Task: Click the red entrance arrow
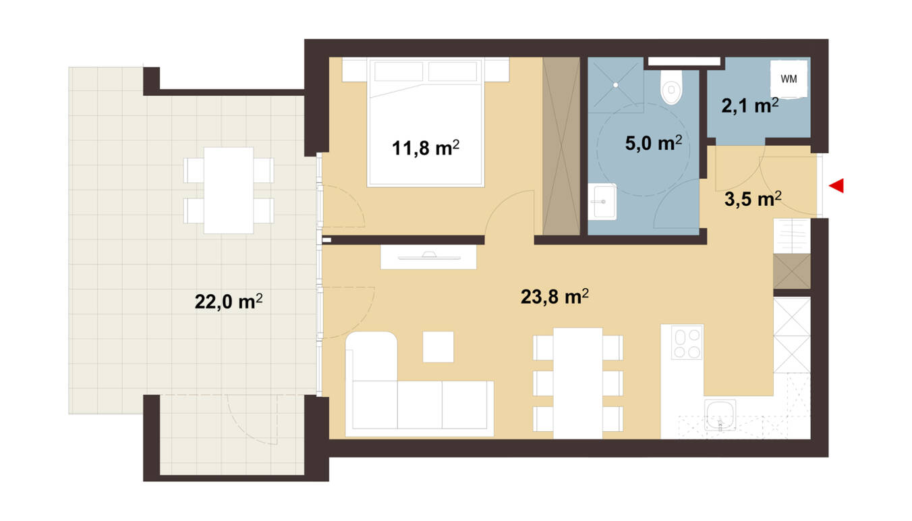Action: (x=837, y=186)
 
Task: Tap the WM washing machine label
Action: (x=789, y=79)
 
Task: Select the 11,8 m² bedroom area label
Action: (x=426, y=148)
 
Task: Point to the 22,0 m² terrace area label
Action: (x=229, y=302)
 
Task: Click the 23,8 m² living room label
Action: (x=554, y=296)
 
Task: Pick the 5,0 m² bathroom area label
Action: (x=654, y=143)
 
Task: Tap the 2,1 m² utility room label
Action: (x=750, y=106)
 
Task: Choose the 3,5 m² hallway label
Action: (x=753, y=199)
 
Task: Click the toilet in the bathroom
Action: (x=671, y=87)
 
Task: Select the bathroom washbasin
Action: (x=602, y=201)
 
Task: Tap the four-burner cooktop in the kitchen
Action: (x=687, y=342)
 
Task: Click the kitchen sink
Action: (x=720, y=414)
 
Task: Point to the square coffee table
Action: (x=438, y=347)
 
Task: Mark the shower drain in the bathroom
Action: (x=616, y=85)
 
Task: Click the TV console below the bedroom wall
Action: (x=428, y=256)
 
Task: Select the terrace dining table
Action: (x=229, y=190)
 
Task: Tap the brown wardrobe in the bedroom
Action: (x=561, y=146)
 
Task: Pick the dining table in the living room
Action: (x=577, y=383)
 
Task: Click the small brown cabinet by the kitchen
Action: (x=791, y=271)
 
